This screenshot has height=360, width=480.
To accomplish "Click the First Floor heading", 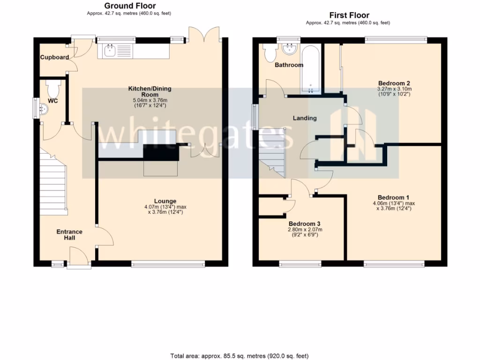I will tap(349, 15).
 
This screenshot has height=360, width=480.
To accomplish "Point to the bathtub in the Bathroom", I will tap(310, 69).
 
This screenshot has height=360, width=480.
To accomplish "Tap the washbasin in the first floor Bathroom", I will tap(289, 48).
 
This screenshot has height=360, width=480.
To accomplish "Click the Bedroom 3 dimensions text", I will tap(305, 232).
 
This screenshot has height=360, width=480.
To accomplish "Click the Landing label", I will tap(305, 118).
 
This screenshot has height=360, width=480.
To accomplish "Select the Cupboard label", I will tap(54, 58).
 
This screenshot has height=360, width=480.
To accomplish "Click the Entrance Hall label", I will tap(69, 235).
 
